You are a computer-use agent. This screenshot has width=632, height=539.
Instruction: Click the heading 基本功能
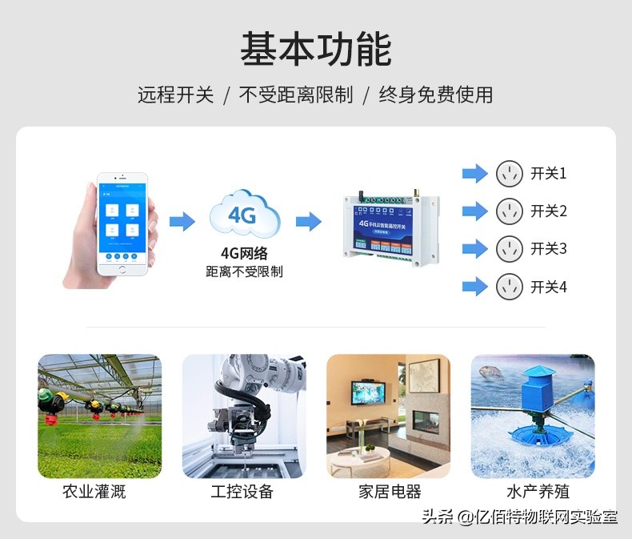pyautogui.click(x=316, y=50)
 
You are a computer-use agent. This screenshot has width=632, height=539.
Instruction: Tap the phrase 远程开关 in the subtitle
pyautogui.click(x=175, y=95)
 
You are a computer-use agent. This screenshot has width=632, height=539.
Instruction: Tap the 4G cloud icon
pyautogui.click(x=244, y=214)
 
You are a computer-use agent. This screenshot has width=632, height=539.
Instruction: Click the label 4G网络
pyautogui.click(x=244, y=254)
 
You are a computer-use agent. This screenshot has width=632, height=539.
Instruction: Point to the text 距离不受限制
pyautogui.click(x=244, y=272)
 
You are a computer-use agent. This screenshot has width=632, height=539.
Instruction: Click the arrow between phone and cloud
pyautogui.click(x=182, y=221)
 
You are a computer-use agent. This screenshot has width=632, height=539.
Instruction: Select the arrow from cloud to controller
pyautogui.click(x=308, y=221)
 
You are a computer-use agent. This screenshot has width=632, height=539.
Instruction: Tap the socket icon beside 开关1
pyautogui.click(x=509, y=173)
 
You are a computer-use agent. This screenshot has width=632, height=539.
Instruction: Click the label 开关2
pyautogui.click(x=548, y=211)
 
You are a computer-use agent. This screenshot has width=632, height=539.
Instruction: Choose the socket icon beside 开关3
pyautogui.click(x=509, y=248)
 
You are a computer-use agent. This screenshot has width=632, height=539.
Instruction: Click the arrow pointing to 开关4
pyautogui.click(x=475, y=287)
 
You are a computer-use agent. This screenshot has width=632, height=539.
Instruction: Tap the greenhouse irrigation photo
pyautogui.click(x=99, y=416)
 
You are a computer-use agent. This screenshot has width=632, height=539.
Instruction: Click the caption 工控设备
pyautogui.click(x=243, y=492)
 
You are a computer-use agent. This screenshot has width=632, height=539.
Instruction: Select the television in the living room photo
pyautogui.click(x=367, y=392)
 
